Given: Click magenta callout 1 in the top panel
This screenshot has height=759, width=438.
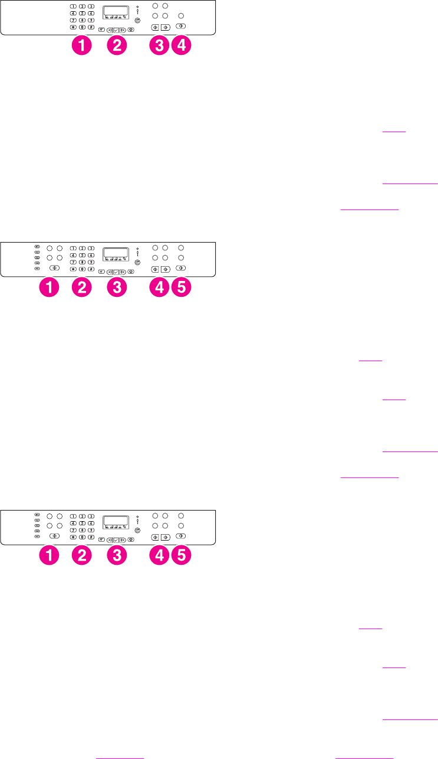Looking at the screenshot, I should [x=82, y=46].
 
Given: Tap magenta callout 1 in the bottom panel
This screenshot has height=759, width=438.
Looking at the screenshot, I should [x=50, y=555].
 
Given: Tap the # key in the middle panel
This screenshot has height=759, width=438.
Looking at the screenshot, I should [x=91, y=269].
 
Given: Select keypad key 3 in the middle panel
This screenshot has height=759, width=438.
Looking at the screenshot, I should [x=91, y=248].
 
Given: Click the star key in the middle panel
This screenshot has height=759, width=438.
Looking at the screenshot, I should [x=73, y=269].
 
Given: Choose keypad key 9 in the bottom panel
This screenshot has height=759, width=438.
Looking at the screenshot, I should [x=91, y=529].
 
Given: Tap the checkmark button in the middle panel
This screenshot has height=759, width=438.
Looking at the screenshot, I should [x=116, y=272].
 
